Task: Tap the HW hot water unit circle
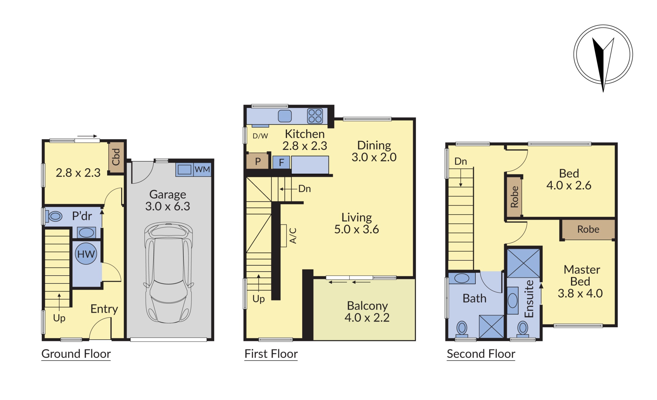pyautogui.click(x=86, y=254)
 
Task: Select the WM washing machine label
pyautogui.click(x=202, y=170)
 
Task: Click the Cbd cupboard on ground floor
pyautogui.click(x=116, y=157)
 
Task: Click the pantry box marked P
pyautogui.click(x=257, y=161)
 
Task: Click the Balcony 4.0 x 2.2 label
pyautogui.click(x=367, y=312)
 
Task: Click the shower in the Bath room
pyautogui.click(x=491, y=327)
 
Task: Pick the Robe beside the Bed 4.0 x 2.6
pyautogui.click(x=514, y=197)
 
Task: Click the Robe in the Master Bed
pyautogui.click(x=588, y=229)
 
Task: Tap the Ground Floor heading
pyautogui.click(x=76, y=354)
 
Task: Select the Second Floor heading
pyautogui.click(x=481, y=354)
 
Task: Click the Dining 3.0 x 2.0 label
pyautogui.click(x=374, y=151)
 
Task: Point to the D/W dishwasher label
pyautogui.click(x=260, y=136)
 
